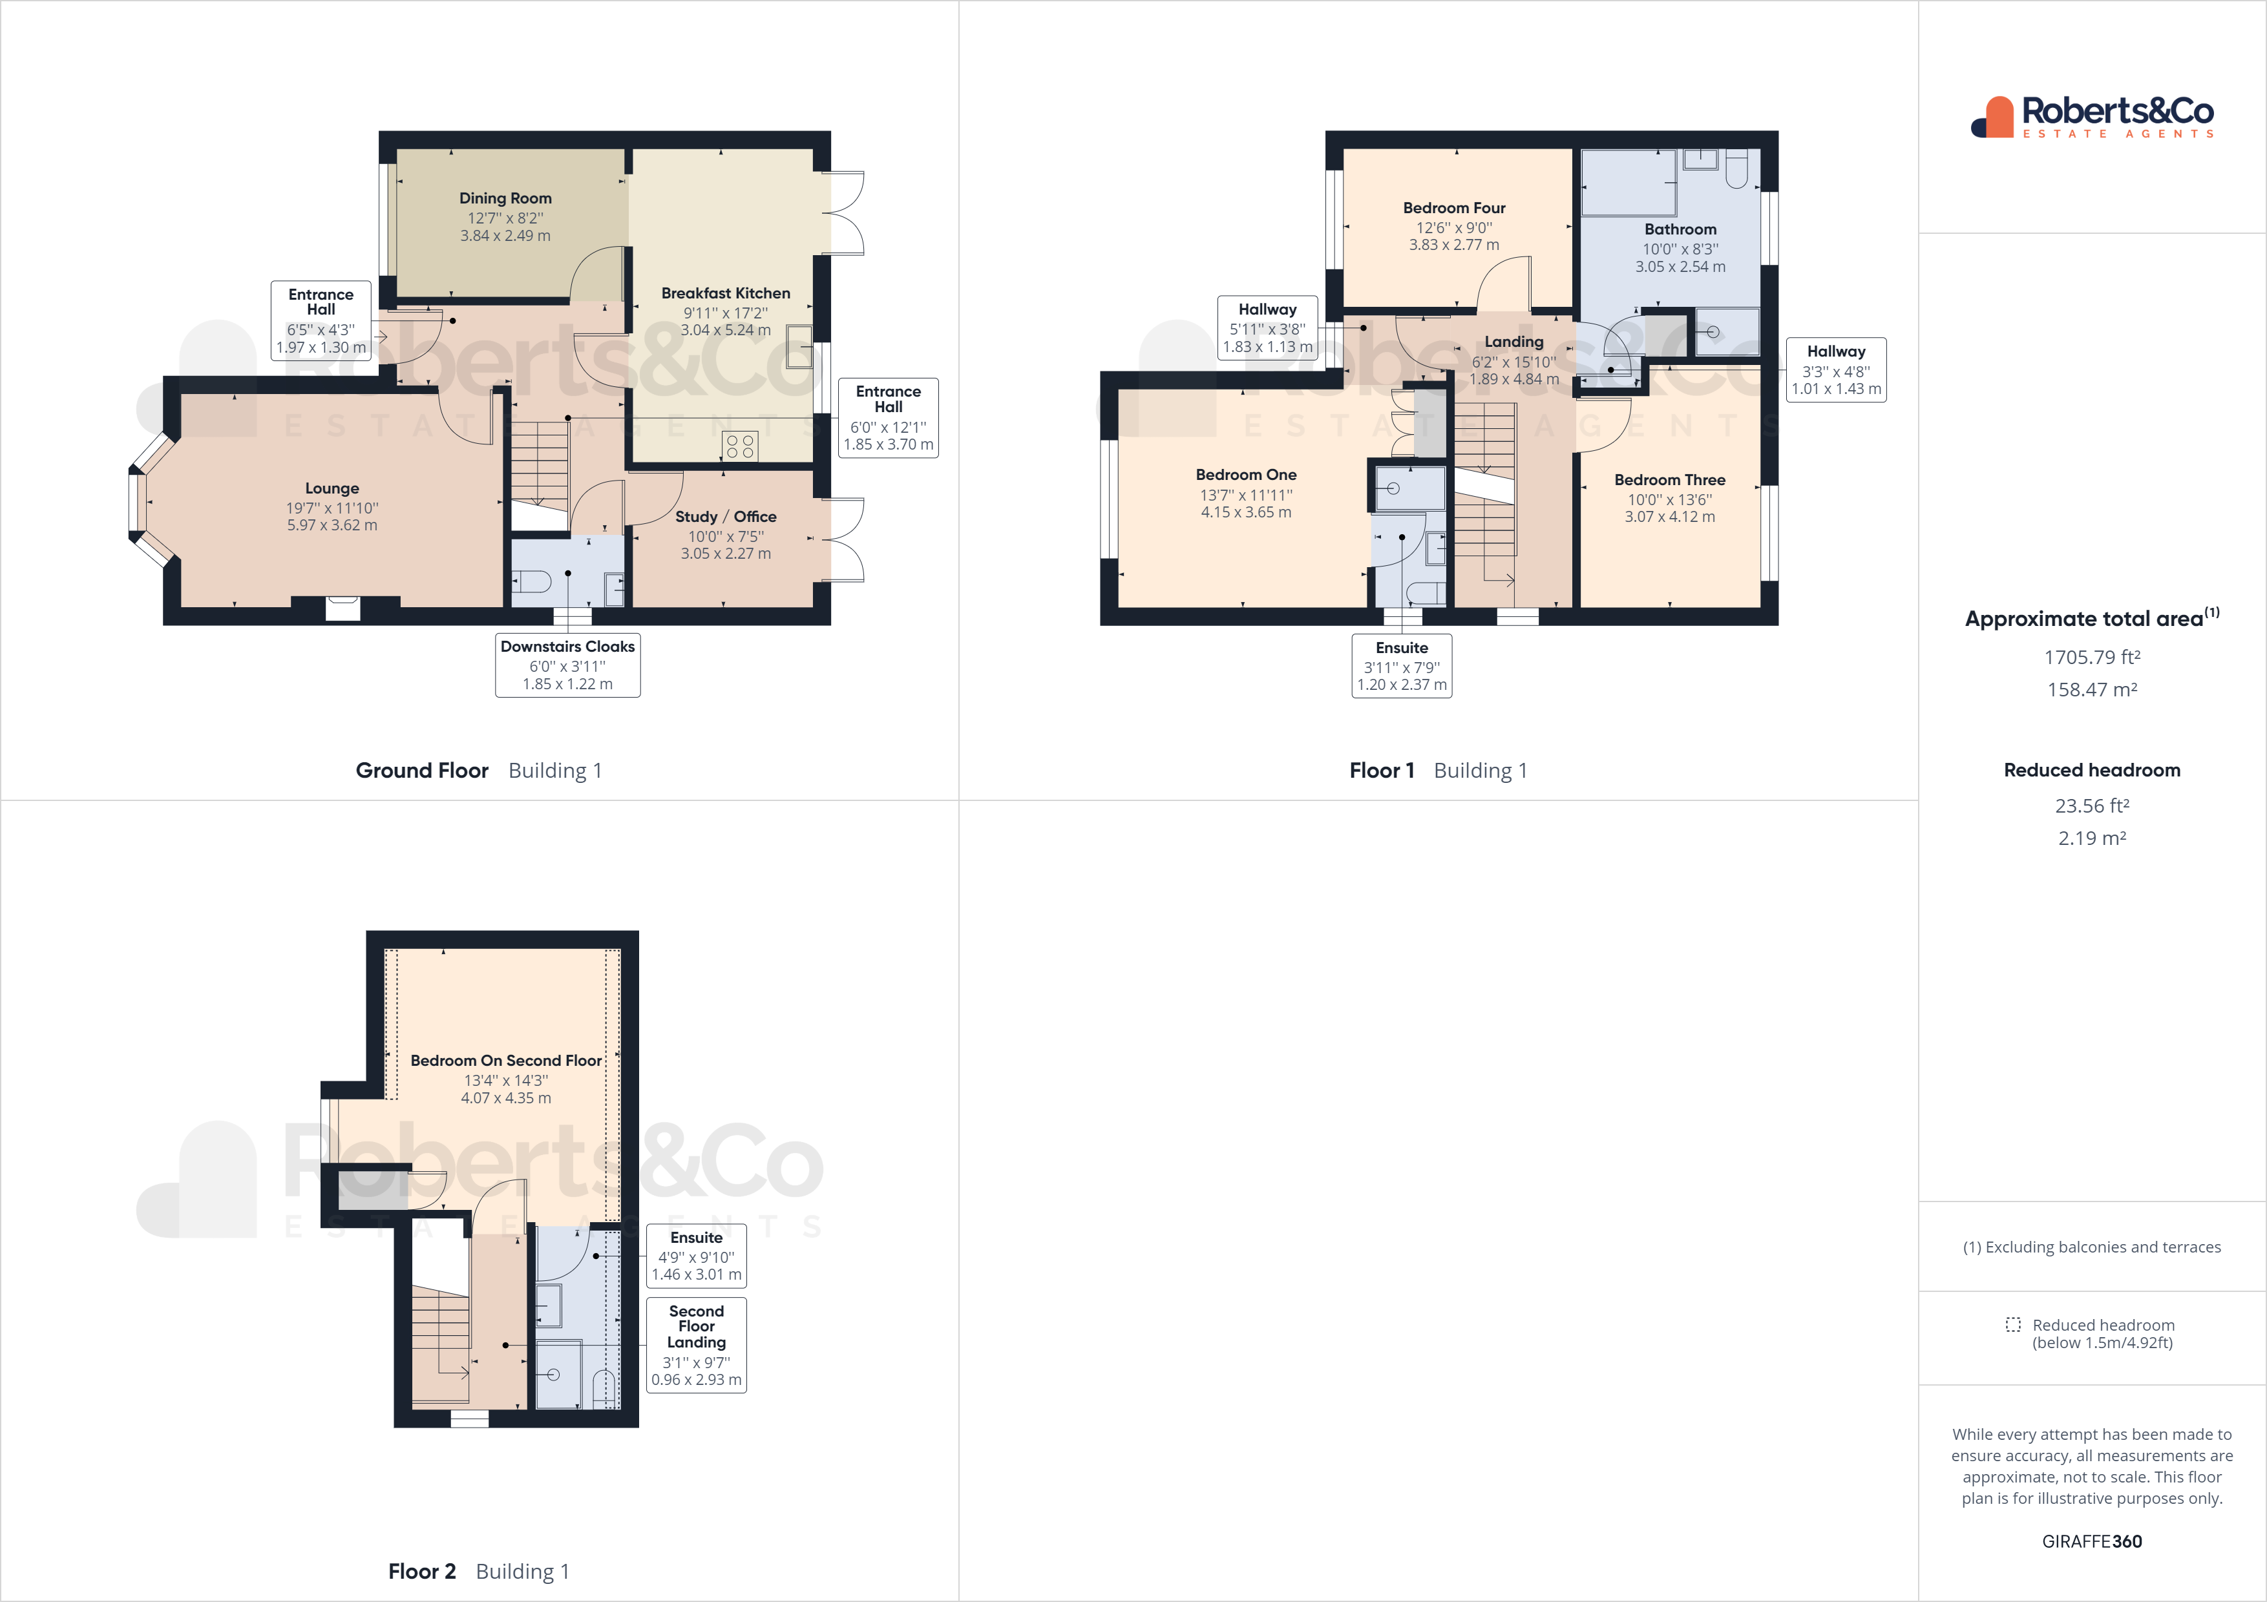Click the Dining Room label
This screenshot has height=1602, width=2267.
coord(505,198)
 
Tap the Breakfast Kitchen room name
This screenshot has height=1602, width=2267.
coord(726,293)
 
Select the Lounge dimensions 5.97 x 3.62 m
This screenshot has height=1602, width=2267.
coord(332,525)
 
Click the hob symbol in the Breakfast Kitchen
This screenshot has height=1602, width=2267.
coord(741,446)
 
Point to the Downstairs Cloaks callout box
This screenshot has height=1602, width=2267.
coord(568,665)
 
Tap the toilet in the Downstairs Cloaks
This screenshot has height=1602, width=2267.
coord(531,580)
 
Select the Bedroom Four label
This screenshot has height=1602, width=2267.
coord(1455,208)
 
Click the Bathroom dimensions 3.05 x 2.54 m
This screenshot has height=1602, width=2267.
coord(1680,267)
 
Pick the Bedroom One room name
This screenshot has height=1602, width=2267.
coord(1246,475)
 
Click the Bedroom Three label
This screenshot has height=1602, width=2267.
coord(1670,480)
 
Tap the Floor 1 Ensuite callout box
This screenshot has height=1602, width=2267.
coord(1402,666)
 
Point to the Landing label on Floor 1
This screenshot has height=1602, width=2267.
coord(1513,342)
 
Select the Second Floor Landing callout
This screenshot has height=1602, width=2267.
coord(696,1344)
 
